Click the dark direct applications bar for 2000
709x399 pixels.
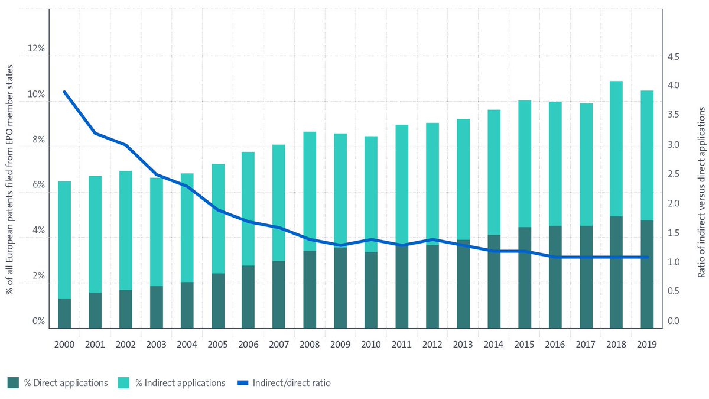click(x=64, y=313)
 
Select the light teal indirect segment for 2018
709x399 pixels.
click(x=616, y=148)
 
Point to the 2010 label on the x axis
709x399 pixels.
click(x=371, y=343)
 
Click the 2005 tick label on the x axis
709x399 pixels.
click(x=217, y=343)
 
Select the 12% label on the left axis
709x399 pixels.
click(x=34, y=49)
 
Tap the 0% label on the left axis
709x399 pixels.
click(x=38, y=321)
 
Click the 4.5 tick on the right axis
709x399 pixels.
click(x=673, y=57)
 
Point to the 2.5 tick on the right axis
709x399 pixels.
click(x=673, y=174)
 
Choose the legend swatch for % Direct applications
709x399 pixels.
click(x=13, y=383)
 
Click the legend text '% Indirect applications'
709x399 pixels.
click(x=180, y=383)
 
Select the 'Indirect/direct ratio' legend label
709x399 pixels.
click(x=291, y=383)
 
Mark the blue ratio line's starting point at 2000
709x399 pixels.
click(x=64, y=92)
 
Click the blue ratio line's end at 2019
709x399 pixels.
click(x=647, y=257)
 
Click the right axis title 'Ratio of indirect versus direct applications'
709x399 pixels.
click(x=701, y=192)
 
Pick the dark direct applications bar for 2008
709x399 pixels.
click(x=310, y=290)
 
